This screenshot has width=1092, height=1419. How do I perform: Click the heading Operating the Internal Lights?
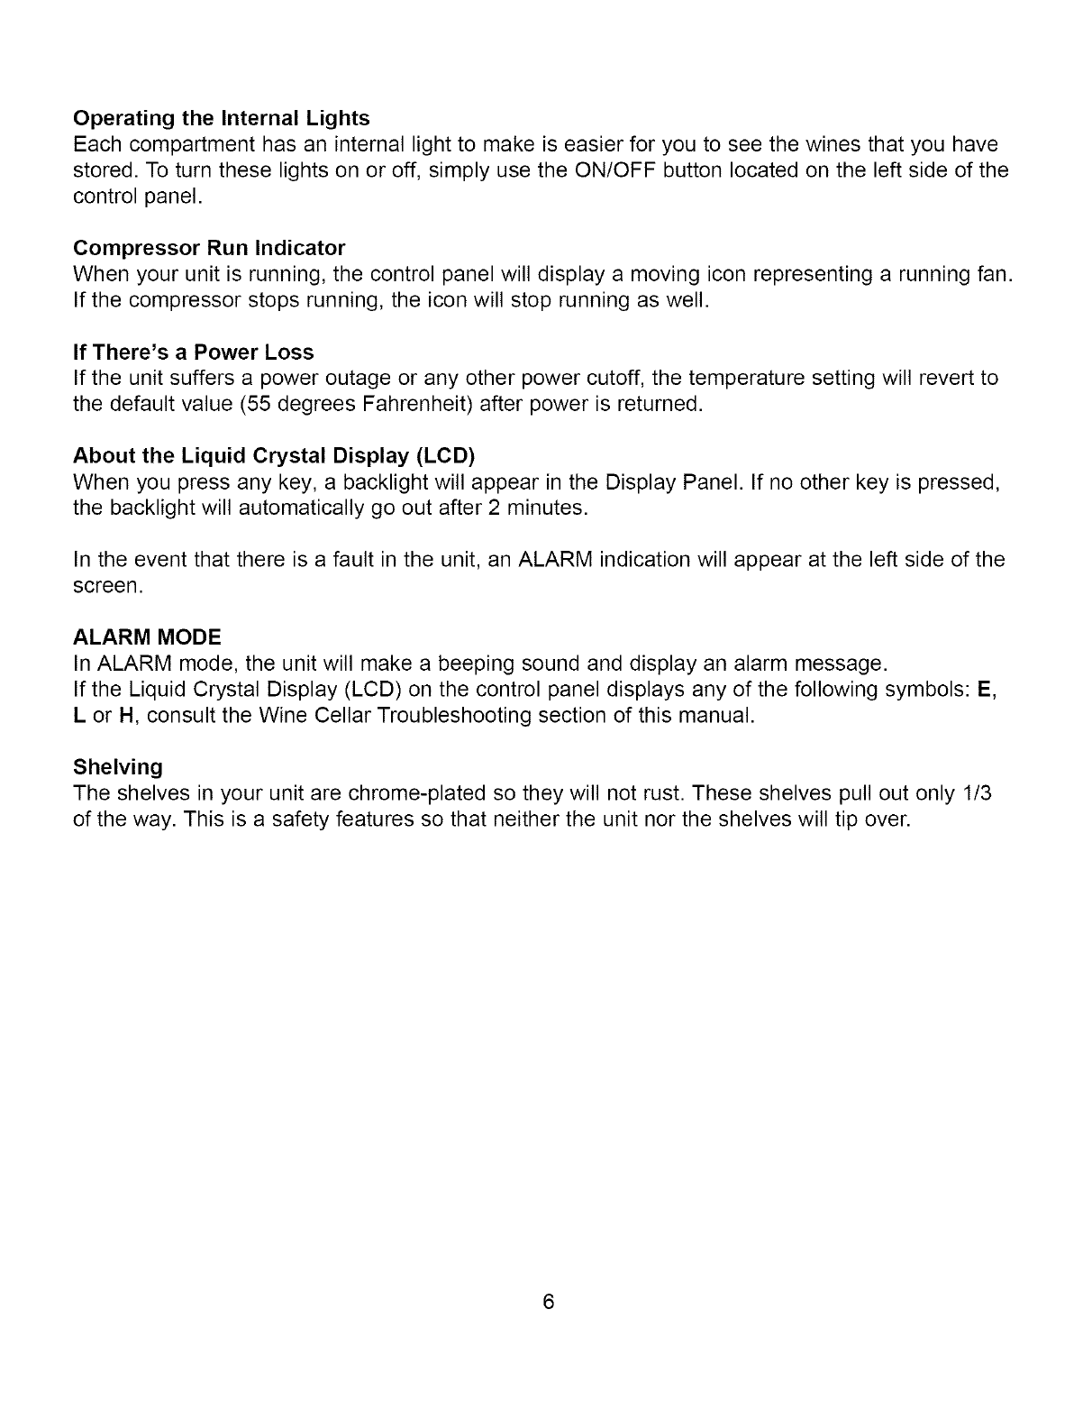pyautogui.click(x=221, y=118)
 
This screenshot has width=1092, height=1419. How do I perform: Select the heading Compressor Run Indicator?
pyautogui.click(x=209, y=248)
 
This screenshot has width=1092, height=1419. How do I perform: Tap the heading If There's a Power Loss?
pyautogui.click(x=193, y=352)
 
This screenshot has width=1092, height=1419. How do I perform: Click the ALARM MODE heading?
pyautogui.click(x=146, y=637)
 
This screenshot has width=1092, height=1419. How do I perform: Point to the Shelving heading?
pyautogui.click(x=117, y=767)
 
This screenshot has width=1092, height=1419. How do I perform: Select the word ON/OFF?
pyautogui.click(x=613, y=170)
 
